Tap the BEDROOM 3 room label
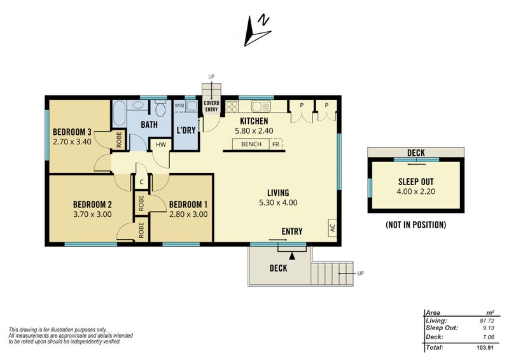pyautogui.click(x=72, y=132)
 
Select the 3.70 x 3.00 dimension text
pyautogui.click(x=92, y=214)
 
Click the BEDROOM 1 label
pyautogui.click(x=188, y=205)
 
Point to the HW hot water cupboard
pyautogui.click(x=161, y=145)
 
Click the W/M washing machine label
pyautogui.click(x=179, y=106)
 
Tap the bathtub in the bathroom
pyautogui.click(x=120, y=114)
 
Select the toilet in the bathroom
pyautogui.click(x=160, y=108)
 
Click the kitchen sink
pyautogui.click(x=261, y=106)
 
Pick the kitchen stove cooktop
pyautogui.click(x=232, y=106)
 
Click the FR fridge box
pyautogui.click(x=275, y=144)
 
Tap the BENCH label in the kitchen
pyautogui.click(x=251, y=144)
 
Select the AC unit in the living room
pyautogui.click(x=332, y=227)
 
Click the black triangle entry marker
pyautogui.click(x=292, y=256)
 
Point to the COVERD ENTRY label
pyautogui.click(x=211, y=106)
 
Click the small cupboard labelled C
pyautogui.click(x=141, y=182)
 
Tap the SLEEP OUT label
pyautogui.click(x=416, y=182)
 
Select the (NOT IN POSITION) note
pyautogui.click(x=416, y=225)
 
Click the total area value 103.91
pyautogui.click(x=485, y=347)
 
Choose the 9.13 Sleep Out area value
pyautogui.click(x=489, y=328)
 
